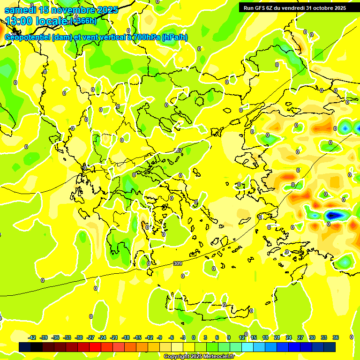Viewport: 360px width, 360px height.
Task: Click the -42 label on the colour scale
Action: tap(32, 337)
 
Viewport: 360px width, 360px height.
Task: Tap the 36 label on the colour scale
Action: tap(336, 337)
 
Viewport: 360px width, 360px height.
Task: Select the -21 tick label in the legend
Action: tap(114, 337)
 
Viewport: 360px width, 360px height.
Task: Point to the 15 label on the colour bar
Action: tap(254, 337)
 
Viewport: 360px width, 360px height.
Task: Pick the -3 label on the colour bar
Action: tap(183, 337)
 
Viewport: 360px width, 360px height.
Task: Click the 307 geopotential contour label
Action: tap(178, 150)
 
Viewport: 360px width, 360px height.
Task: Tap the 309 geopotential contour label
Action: tap(177, 264)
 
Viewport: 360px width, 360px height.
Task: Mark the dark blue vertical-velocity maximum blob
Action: tap(333, 215)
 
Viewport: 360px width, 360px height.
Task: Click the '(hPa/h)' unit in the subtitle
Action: tap(175, 37)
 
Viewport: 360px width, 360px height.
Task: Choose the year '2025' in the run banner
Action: tap(339, 8)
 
